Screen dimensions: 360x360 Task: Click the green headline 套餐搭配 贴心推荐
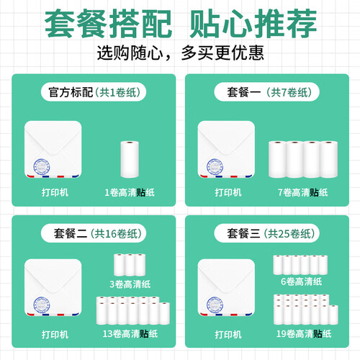click(181, 23)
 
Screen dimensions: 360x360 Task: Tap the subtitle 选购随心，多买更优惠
click(181, 53)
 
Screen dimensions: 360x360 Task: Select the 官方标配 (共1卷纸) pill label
click(94, 92)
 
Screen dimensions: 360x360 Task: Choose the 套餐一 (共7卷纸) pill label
click(266, 92)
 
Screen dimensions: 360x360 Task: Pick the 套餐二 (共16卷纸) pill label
click(94, 233)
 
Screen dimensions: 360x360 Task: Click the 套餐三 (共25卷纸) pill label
click(266, 233)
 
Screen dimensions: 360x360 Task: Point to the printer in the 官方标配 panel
click(53, 149)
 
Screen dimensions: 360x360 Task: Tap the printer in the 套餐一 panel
click(226, 149)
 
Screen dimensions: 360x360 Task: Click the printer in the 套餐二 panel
click(53, 287)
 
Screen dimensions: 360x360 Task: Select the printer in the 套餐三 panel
click(226, 287)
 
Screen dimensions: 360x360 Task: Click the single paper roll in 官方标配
click(130, 159)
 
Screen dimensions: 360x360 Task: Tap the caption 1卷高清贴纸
click(130, 192)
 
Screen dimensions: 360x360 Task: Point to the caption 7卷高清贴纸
click(303, 192)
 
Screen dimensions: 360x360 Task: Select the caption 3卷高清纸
click(130, 284)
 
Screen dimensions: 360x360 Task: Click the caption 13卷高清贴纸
click(130, 334)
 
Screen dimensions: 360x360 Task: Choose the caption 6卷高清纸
click(302, 282)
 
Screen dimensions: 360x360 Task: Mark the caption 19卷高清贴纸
click(304, 334)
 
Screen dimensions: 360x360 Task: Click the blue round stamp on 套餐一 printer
click(215, 167)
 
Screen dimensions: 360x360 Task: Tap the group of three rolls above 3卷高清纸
click(130, 265)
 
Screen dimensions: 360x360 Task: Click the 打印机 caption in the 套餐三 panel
click(228, 334)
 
